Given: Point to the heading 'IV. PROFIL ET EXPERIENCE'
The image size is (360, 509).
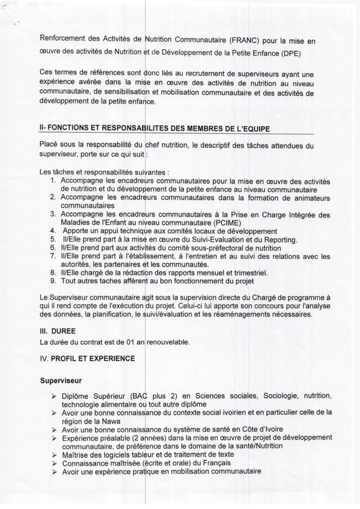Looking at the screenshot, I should point(82,358).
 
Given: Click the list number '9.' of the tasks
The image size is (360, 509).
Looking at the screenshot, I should point(53,281).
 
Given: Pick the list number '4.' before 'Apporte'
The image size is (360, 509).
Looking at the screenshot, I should point(53,231).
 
